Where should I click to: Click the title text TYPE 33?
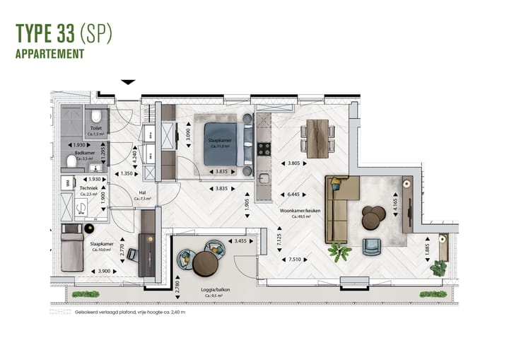pos(47,34)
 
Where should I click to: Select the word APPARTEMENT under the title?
pos(49,53)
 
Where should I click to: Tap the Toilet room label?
pos(95,129)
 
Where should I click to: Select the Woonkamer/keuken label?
pos(298,211)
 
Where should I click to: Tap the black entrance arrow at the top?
pos(128,82)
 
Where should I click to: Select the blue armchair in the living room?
pos(371,246)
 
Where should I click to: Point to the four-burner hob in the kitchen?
pos(264,149)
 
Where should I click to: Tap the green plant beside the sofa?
pos(340,251)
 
